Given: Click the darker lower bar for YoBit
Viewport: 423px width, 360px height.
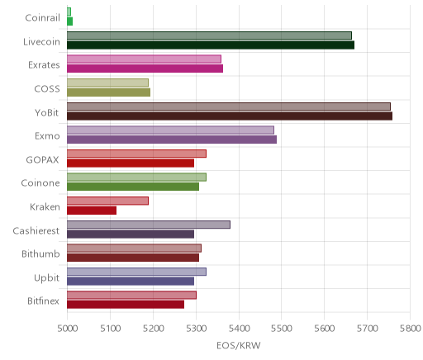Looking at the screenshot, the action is pos(230,116).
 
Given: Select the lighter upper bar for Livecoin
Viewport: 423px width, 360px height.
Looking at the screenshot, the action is pos(209,36).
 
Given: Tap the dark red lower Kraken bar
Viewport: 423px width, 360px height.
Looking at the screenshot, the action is pos(92,211).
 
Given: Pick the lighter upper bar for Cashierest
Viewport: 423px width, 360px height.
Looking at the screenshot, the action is pos(149,225).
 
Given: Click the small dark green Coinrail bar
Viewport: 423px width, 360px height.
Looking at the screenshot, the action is pos(70,21).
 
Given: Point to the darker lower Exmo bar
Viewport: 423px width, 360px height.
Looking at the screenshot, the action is pos(172,140).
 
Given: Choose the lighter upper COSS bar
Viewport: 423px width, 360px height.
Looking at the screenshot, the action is pos(107,83).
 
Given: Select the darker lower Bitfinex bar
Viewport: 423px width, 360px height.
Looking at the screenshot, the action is pos(126,305).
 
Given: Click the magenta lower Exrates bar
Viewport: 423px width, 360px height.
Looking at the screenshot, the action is pos(145,69).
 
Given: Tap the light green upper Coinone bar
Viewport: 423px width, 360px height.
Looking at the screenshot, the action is pos(136,178).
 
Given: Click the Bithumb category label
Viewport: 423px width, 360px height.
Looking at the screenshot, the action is pos(40,253).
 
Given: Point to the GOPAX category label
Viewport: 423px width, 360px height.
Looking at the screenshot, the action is pos(43,159).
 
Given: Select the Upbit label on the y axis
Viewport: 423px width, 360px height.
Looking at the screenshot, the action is pos(47,278).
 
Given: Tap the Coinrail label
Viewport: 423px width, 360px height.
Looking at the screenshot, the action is pos(43,18).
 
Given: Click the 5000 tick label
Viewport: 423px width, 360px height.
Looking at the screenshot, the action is pos(68,329).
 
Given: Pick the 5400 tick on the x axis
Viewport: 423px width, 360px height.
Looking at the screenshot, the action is pos(239,329).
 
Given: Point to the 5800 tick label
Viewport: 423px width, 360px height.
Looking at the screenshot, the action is pos(411,329).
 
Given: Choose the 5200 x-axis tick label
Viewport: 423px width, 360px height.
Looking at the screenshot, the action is pos(153,329).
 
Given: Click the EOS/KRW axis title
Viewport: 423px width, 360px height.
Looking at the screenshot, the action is pos(239,345).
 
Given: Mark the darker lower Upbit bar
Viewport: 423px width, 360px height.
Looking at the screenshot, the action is pos(131,281).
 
